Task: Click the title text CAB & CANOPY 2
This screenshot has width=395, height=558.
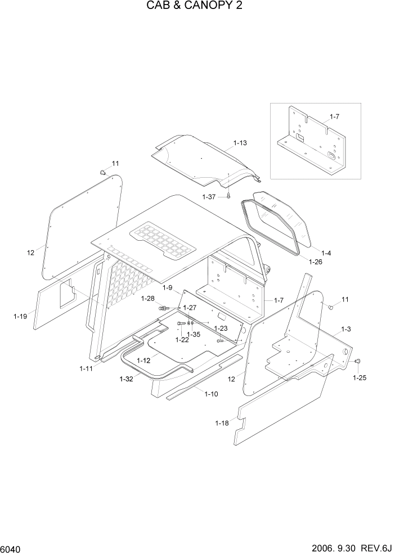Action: click(197, 6)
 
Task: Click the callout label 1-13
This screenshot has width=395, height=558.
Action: click(240, 143)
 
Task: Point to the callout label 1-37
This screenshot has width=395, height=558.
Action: click(209, 196)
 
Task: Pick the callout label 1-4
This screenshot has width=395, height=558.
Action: click(325, 253)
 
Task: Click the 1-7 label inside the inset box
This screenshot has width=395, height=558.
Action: click(334, 116)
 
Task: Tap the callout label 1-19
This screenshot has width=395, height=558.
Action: click(20, 316)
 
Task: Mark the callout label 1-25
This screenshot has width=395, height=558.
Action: click(360, 377)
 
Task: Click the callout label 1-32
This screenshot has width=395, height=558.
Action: click(126, 379)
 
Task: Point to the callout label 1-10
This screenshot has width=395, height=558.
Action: click(211, 394)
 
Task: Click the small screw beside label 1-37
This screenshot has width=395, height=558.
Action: click(230, 196)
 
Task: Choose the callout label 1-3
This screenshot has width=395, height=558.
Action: click(346, 328)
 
